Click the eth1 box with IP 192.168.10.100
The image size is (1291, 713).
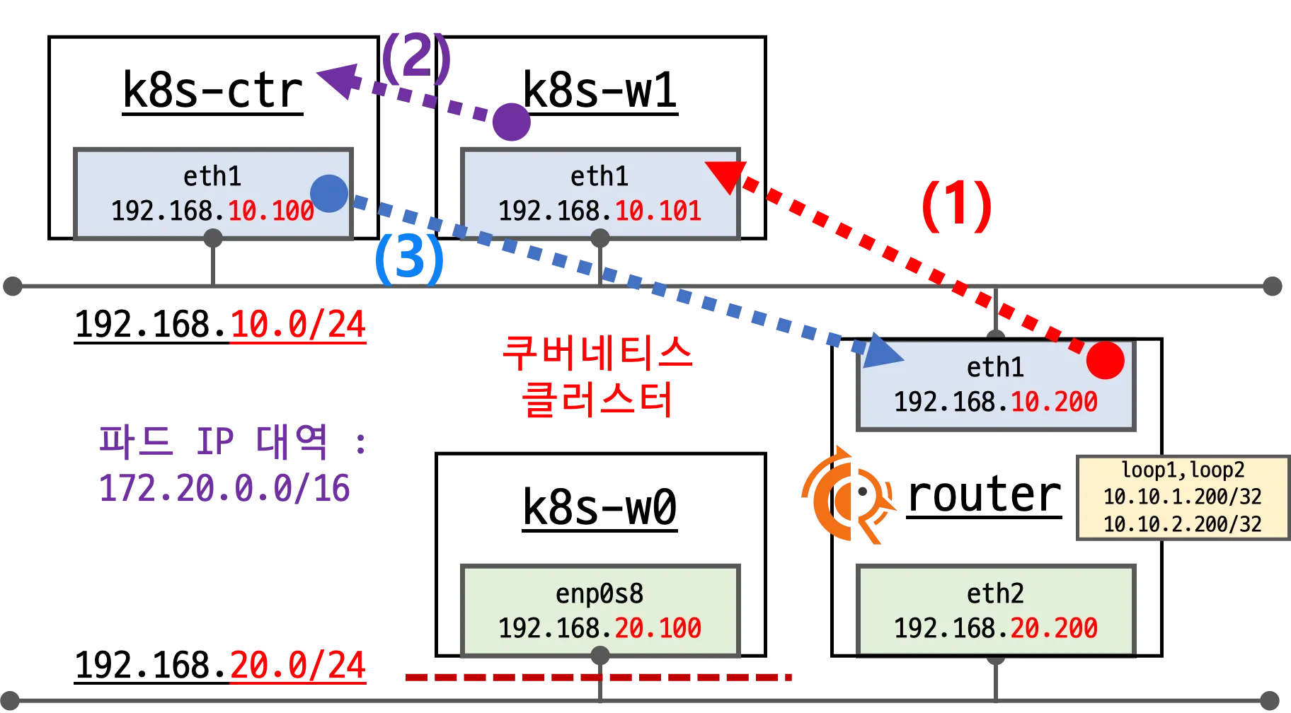pyautogui.click(x=212, y=193)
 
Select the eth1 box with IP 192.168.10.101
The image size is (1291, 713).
pyautogui.click(x=599, y=193)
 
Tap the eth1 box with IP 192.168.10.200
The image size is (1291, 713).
pyautogui.click(x=996, y=386)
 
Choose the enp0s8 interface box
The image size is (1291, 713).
pyautogui.click(x=599, y=610)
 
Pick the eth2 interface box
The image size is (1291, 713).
pyautogui.click(x=996, y=610)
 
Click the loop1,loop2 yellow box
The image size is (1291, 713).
pyautogui.click(x=1182, y=497)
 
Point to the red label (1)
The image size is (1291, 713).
pyautogui.click(x=956, y=206)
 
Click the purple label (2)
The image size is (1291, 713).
pyautogui.click(x=415, y=57)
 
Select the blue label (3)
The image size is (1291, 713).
pyautogui.click(x=408, y=260)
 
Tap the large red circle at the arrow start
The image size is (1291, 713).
pyautogui.click(x=1105, y=360)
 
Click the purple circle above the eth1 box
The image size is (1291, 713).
pyautogui.click(x=512, y=122)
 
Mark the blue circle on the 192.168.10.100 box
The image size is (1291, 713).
pyautogui.click(x=329, y=193)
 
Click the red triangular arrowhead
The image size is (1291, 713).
pyautogui.click(x=725, y=175)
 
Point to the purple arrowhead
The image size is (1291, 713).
pyautogui.click(x=340, y=80)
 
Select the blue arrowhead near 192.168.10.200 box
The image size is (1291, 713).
pyautogui.click(x=880, y=349)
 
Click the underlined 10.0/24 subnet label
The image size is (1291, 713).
pyautogui.click(x=298, y=325)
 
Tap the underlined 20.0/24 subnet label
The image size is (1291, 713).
pyautogui.click(x=298, y=666)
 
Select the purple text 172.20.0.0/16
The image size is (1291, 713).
pyautogui.click(x=224, y=488)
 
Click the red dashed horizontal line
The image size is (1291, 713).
pyautogui.click(x=598, y=678)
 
